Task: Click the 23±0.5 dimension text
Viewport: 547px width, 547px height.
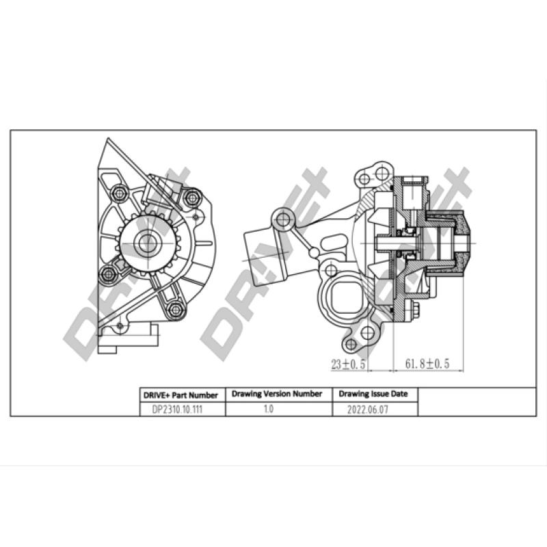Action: tap(349, 364)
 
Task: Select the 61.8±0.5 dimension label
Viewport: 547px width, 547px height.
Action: tap(427, 364)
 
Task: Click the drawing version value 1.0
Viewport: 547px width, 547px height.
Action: tap(267, 409)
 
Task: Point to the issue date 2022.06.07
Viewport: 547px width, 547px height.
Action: tap(373, 409)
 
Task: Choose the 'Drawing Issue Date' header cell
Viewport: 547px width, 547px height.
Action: tap(373, 395)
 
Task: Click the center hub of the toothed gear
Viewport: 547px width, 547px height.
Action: tap(148, 242)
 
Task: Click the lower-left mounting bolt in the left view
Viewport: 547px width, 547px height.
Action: tap(108, 274)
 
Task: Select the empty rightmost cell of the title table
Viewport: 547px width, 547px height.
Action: tap(476, 402)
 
